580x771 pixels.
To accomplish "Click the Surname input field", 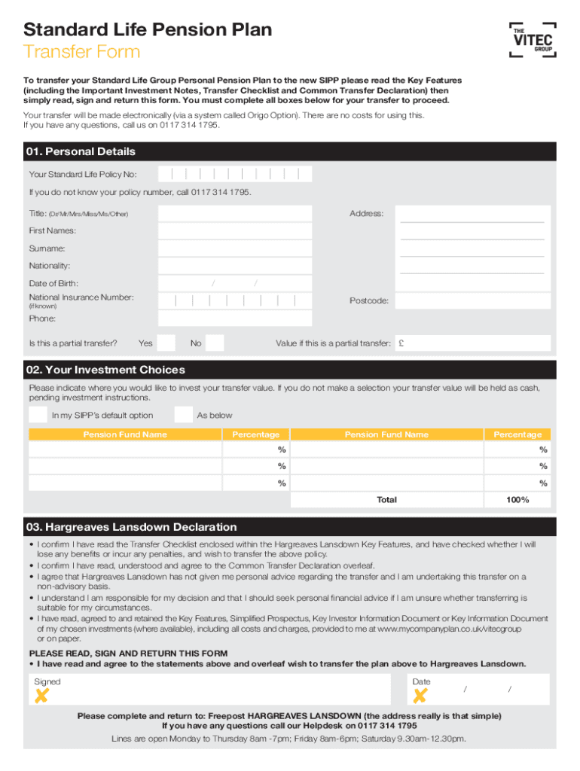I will [x=234, y=248].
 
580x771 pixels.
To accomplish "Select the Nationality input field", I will [x=234, y=266].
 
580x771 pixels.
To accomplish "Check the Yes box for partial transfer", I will [x=166, y=343].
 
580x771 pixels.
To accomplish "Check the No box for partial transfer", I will [x=215, y=343].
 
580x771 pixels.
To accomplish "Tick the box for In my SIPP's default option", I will [x=38, y=415].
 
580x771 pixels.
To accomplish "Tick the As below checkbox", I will [x=183, y=415].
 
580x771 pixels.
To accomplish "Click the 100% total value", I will [x=517, y=500].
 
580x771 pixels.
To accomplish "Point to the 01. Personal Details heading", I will [x=81, y=152].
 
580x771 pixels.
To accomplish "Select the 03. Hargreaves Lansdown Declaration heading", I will [x=130, y=527].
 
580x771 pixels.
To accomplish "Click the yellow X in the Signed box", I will [x=41, y=696].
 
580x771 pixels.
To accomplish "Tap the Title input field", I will [x=234, y=214].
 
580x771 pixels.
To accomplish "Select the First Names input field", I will [x=234, y=231].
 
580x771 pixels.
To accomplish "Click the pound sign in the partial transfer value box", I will [x=403, y=343].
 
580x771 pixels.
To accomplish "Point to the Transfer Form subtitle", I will [x=82, y=52].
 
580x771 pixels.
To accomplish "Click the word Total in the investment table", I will [x=386, y=500].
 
